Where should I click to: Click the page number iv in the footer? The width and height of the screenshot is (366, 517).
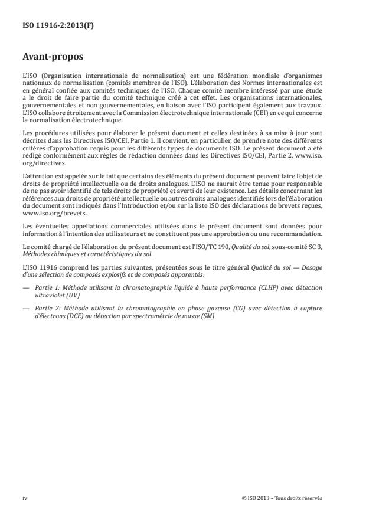coord(24,498)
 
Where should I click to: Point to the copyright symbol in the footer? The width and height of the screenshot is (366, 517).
coord(244,498)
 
